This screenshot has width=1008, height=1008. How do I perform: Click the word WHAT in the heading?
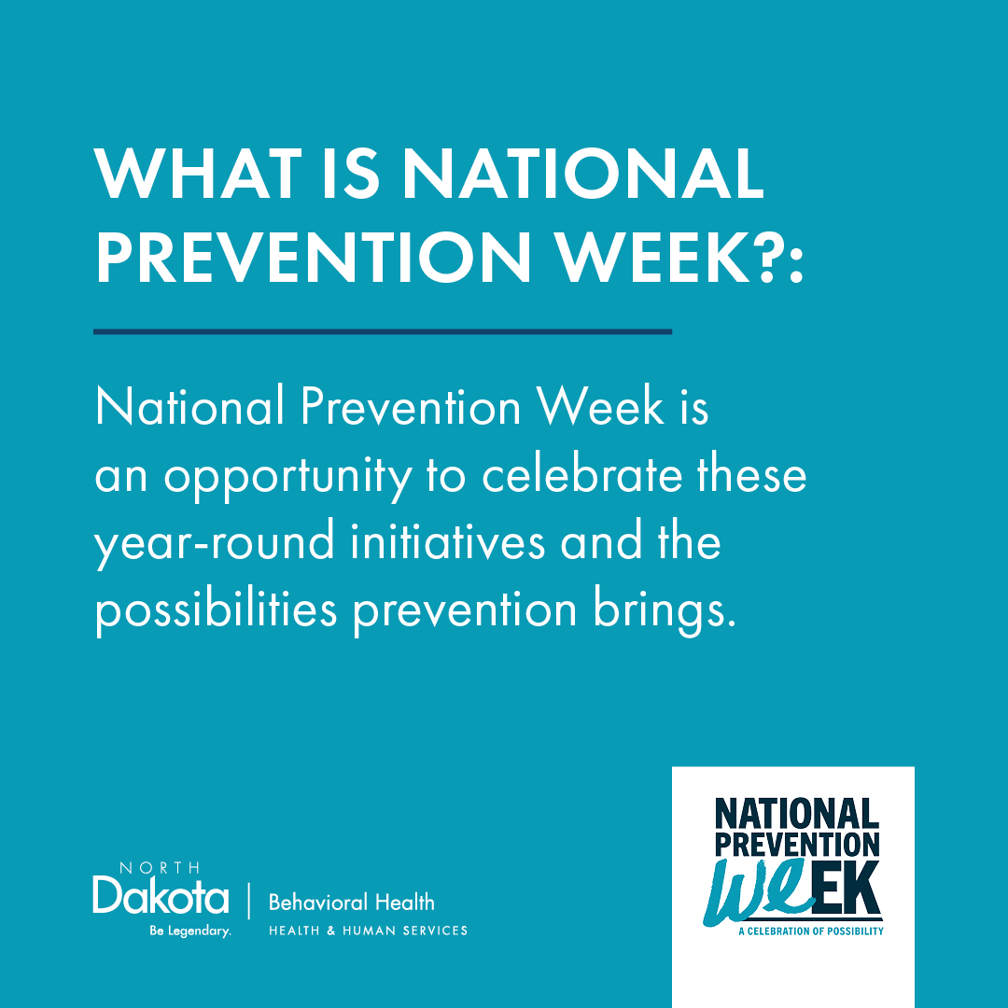197,174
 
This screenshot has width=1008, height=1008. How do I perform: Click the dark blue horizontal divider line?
383,331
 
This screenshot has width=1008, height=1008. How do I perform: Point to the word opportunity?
287,478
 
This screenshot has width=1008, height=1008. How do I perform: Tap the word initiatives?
447,540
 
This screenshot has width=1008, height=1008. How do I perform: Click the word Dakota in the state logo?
161,895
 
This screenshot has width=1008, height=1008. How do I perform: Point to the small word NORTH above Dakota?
160,868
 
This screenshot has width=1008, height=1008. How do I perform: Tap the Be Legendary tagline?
190,931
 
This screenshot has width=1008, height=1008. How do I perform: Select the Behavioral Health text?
352,902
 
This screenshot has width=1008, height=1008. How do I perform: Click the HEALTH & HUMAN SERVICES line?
369,931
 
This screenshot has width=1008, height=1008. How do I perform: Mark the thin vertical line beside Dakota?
249,901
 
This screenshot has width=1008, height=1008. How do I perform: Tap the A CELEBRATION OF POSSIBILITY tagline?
811,931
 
